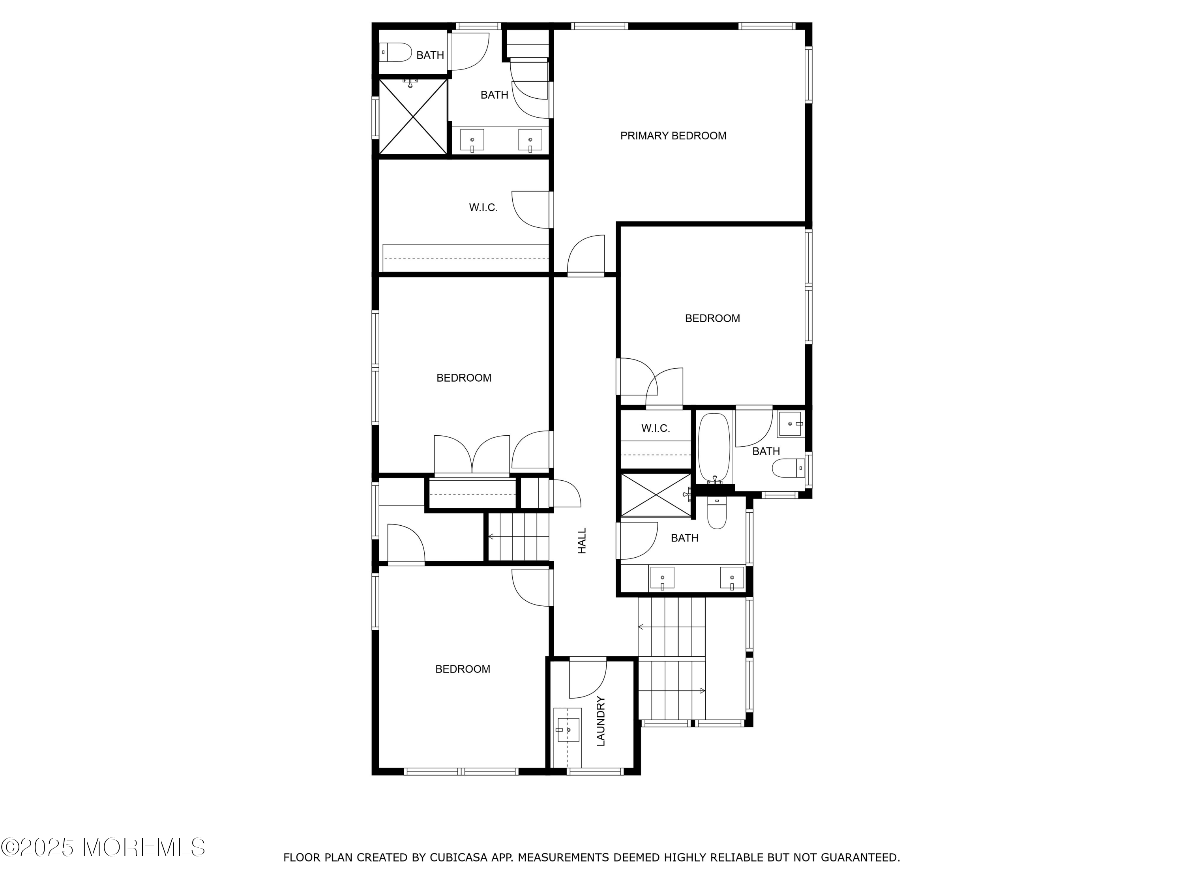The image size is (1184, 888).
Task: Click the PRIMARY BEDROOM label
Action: pos(673,136)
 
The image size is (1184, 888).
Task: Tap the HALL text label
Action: pos(583,541)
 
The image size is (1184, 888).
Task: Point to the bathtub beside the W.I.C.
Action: pos(714,448)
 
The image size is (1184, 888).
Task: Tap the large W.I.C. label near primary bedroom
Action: pos(483,208)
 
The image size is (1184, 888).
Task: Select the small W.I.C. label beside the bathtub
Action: pos(656,428)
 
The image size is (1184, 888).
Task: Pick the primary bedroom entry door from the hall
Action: pos(586,255)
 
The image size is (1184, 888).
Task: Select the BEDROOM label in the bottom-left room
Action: pos(463,669)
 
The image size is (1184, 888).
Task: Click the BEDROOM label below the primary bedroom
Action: pos(712,318)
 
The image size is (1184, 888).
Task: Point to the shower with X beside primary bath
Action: pos(413,117)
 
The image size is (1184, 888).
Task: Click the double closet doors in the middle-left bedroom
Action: pos(472,455)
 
